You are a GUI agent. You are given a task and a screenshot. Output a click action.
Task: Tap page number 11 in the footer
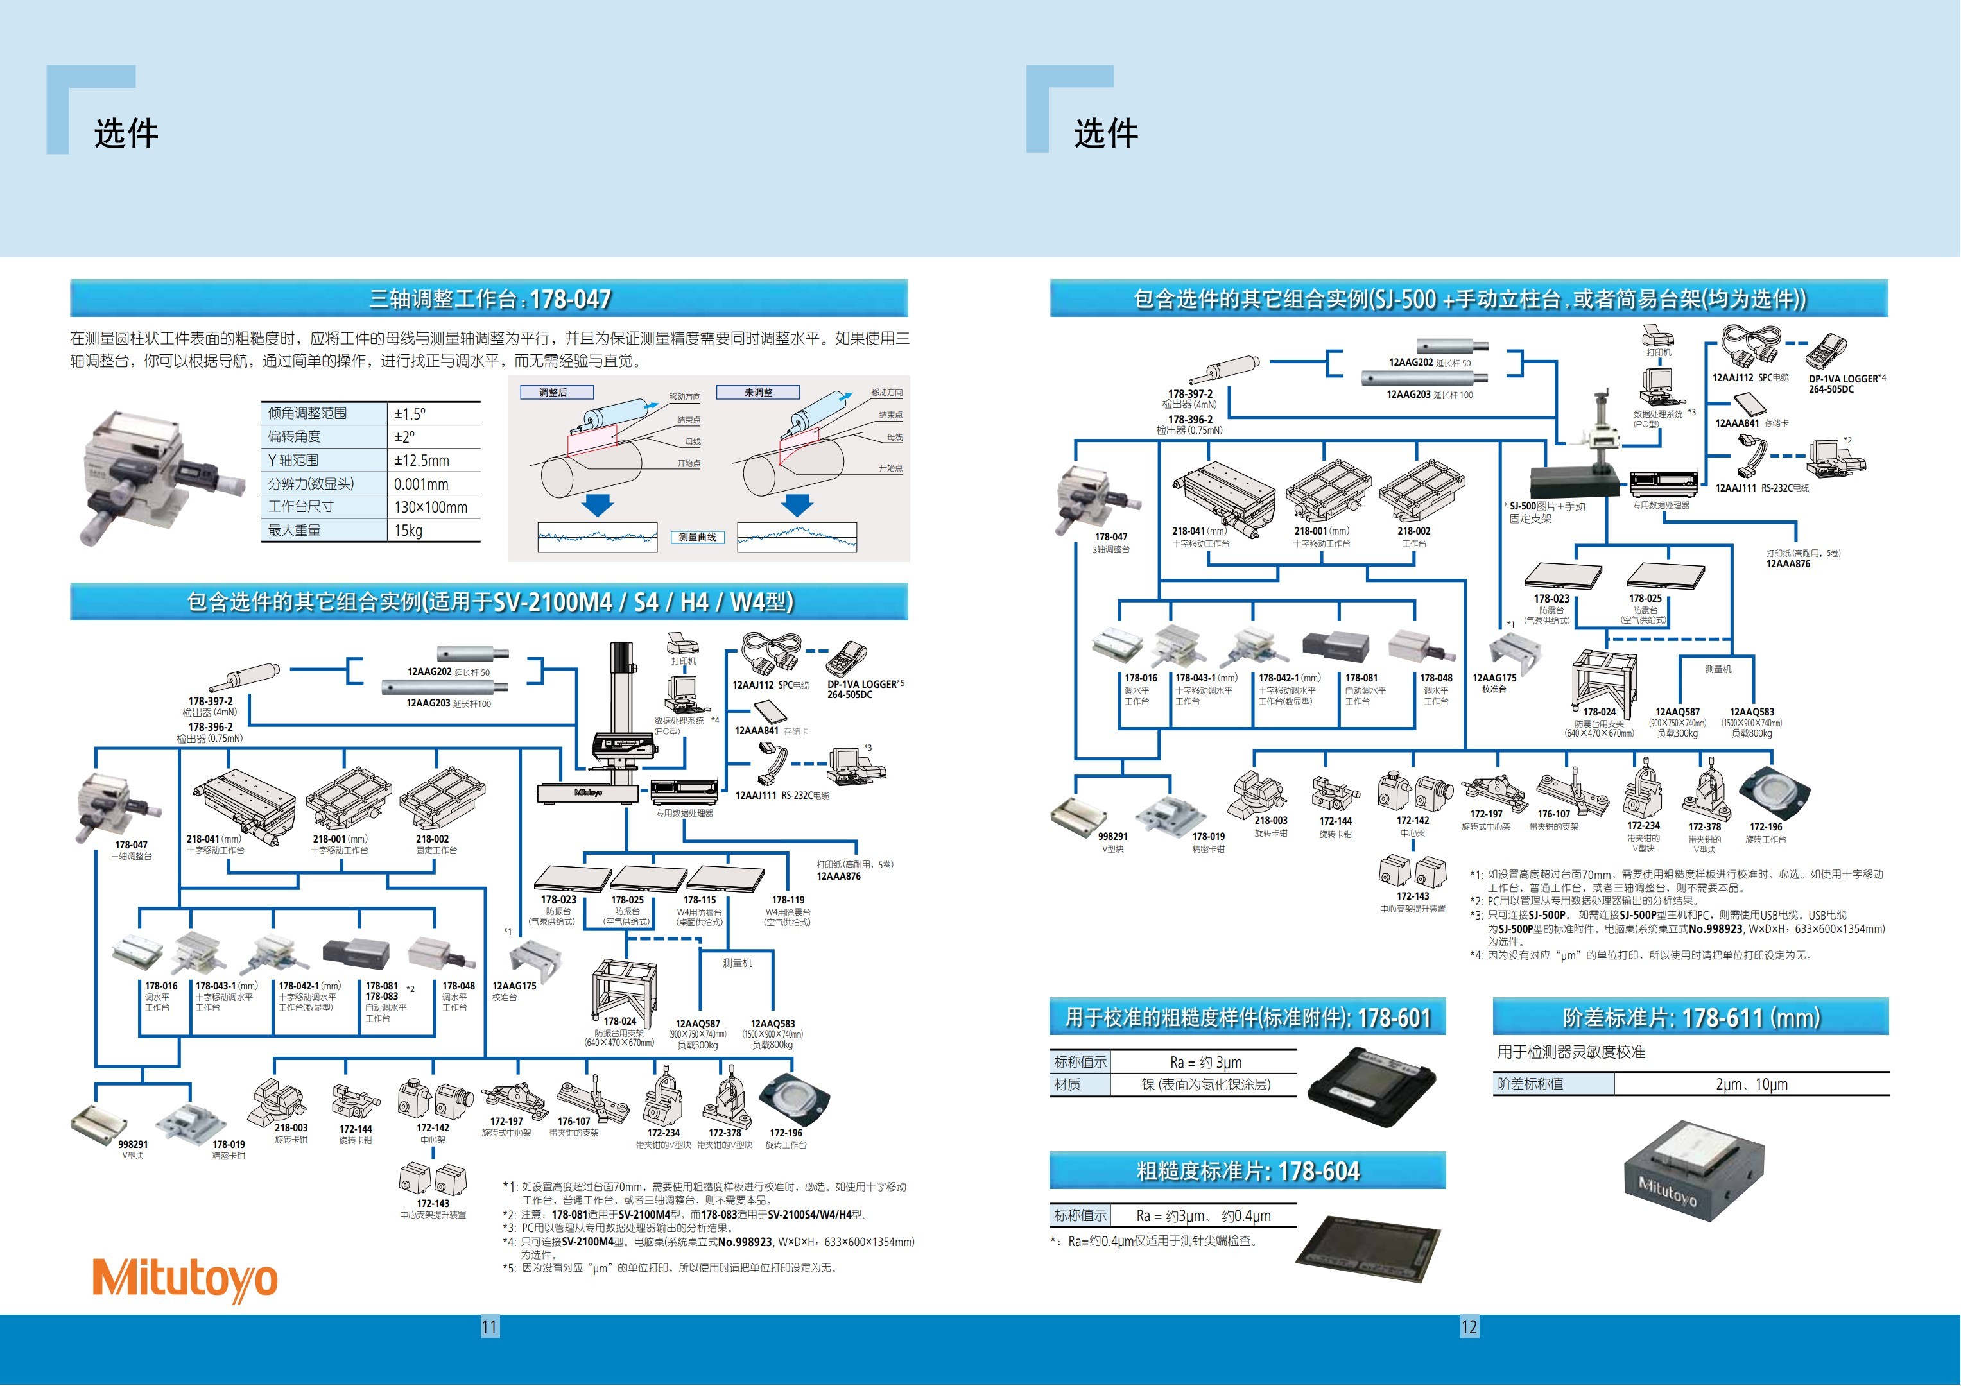click(489, 1327)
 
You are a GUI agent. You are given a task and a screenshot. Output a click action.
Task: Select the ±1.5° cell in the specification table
click(410, 414)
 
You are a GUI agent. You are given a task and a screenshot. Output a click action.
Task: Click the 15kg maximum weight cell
click(408, 530)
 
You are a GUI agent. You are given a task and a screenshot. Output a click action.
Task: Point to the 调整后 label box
click(553, 393)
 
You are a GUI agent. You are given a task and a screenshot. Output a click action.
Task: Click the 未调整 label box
click(757, 393)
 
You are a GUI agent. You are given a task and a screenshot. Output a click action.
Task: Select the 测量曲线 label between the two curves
click(697, 537)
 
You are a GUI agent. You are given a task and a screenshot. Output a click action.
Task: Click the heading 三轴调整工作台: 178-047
click(489, 299)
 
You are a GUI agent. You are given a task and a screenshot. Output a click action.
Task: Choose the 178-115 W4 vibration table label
click(700, 900)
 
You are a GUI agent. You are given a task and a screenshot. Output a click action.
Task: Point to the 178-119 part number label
click(788, 900)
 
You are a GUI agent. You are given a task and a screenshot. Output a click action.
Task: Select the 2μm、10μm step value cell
click(1751, 1084)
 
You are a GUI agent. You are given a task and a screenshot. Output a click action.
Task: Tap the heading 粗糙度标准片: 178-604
click(1247, 1171)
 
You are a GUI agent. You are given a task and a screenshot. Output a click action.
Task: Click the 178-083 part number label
click(382, 997)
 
